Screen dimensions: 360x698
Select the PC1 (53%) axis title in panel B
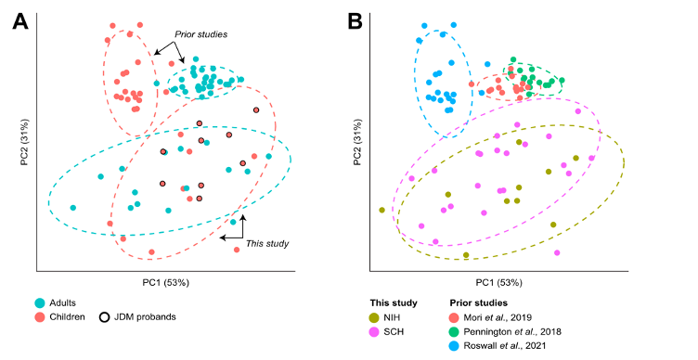(499, 282)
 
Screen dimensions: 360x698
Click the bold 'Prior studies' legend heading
(478, 302)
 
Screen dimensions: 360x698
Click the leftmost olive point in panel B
(381, 210)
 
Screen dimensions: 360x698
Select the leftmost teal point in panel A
(73, 208)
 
